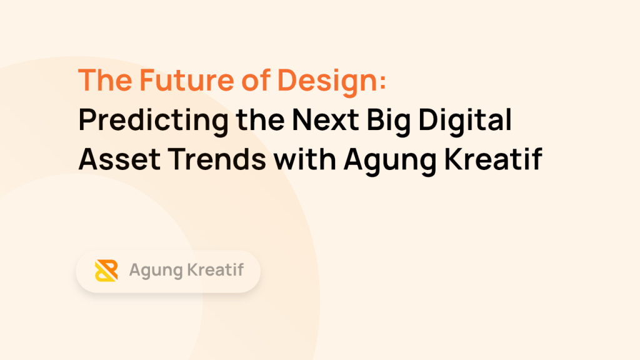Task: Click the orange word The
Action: pos(105,80)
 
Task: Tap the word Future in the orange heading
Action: pos(186,80)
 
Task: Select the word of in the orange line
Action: pos(256,80)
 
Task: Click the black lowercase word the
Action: pos(260,119)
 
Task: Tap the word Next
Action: pos(325,119)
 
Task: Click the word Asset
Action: pos(119,159)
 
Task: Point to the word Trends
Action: pos(217,159)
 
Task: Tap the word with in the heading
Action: pos(305,159)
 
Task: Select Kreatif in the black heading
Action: pos(494,159)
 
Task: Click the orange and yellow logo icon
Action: pos(106,271)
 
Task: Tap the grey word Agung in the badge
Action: pos(156,271)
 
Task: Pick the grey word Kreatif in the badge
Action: pos(216,270)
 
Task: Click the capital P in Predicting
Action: pos(88,119)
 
